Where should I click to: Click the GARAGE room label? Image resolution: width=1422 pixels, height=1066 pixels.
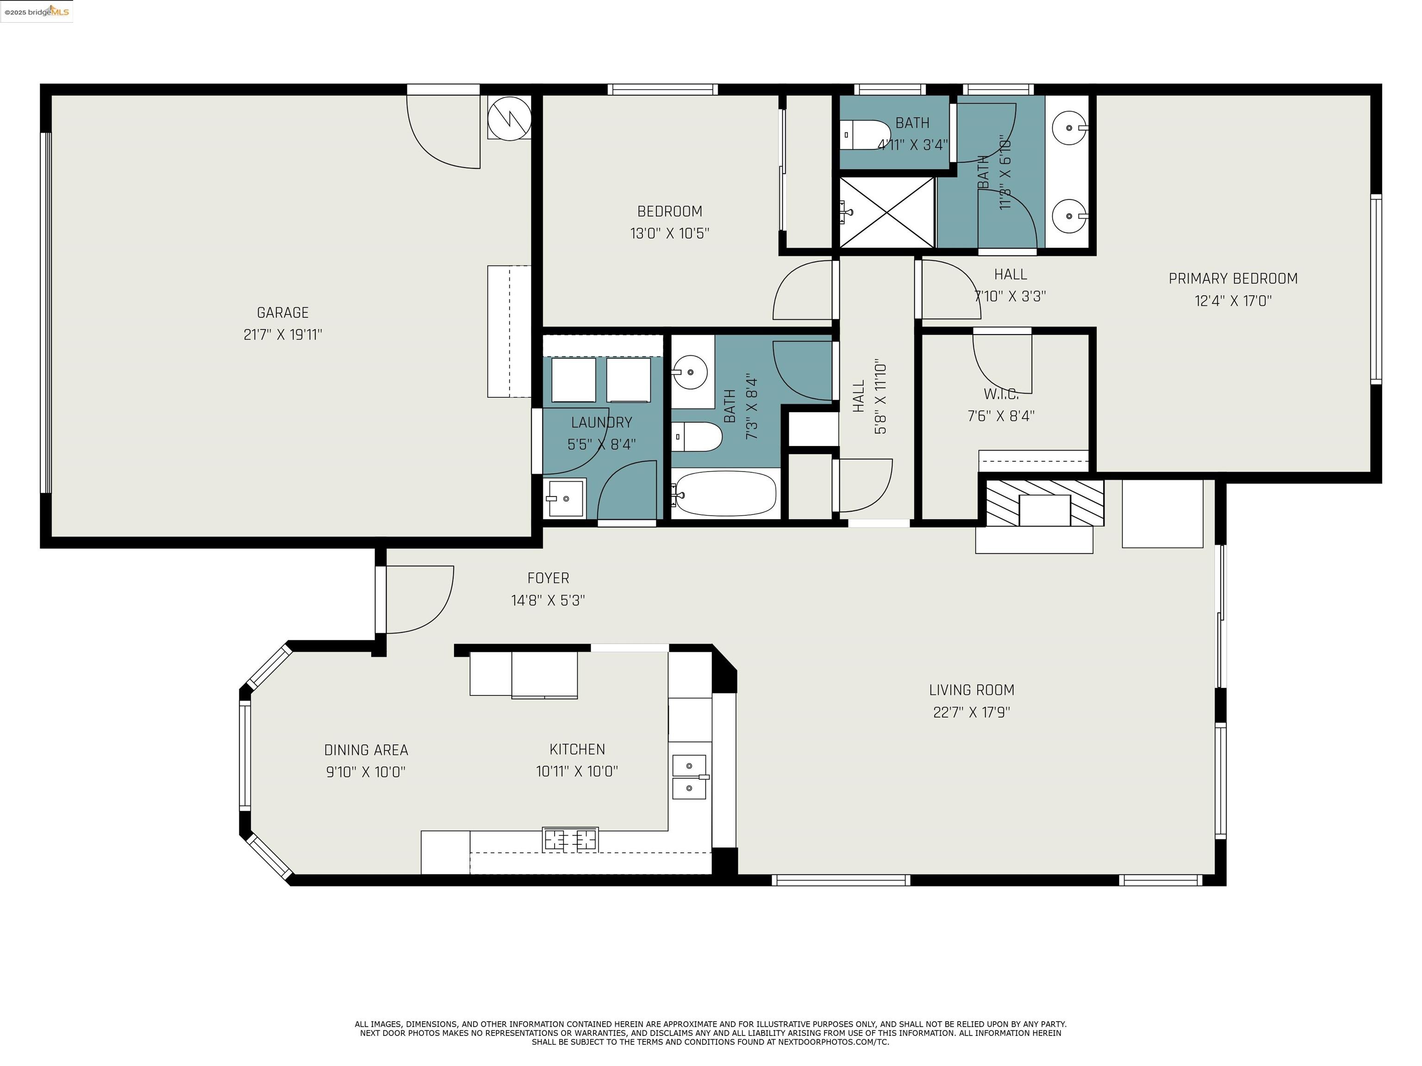click(x=282, y=312)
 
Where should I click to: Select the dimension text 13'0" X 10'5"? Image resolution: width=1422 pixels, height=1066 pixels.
click(x=669, y=233)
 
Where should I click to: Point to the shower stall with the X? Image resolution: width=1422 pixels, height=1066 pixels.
click(x=886, y=212)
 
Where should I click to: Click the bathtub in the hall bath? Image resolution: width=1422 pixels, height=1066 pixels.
click(x=725, y=494)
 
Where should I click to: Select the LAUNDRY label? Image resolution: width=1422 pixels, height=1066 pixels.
click(x=601, y=422)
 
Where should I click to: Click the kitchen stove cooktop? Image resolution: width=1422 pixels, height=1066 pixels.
click(x=570, y=839)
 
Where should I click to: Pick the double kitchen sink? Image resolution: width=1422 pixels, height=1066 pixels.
click(x=689, y=777)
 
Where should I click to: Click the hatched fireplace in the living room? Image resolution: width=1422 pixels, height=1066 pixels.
click(x=1044, y=502)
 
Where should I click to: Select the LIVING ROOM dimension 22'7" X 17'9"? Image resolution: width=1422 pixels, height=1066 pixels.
click(x=971, y=712)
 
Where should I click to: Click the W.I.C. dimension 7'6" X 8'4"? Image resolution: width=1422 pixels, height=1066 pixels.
click(x=1000, y=416)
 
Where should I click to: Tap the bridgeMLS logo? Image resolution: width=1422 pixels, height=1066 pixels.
click(x=37, y=12)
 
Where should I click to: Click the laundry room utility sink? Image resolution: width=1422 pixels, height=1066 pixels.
click(x=564, y=498)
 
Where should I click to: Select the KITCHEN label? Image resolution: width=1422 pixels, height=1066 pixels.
click(x=577, y=749)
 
